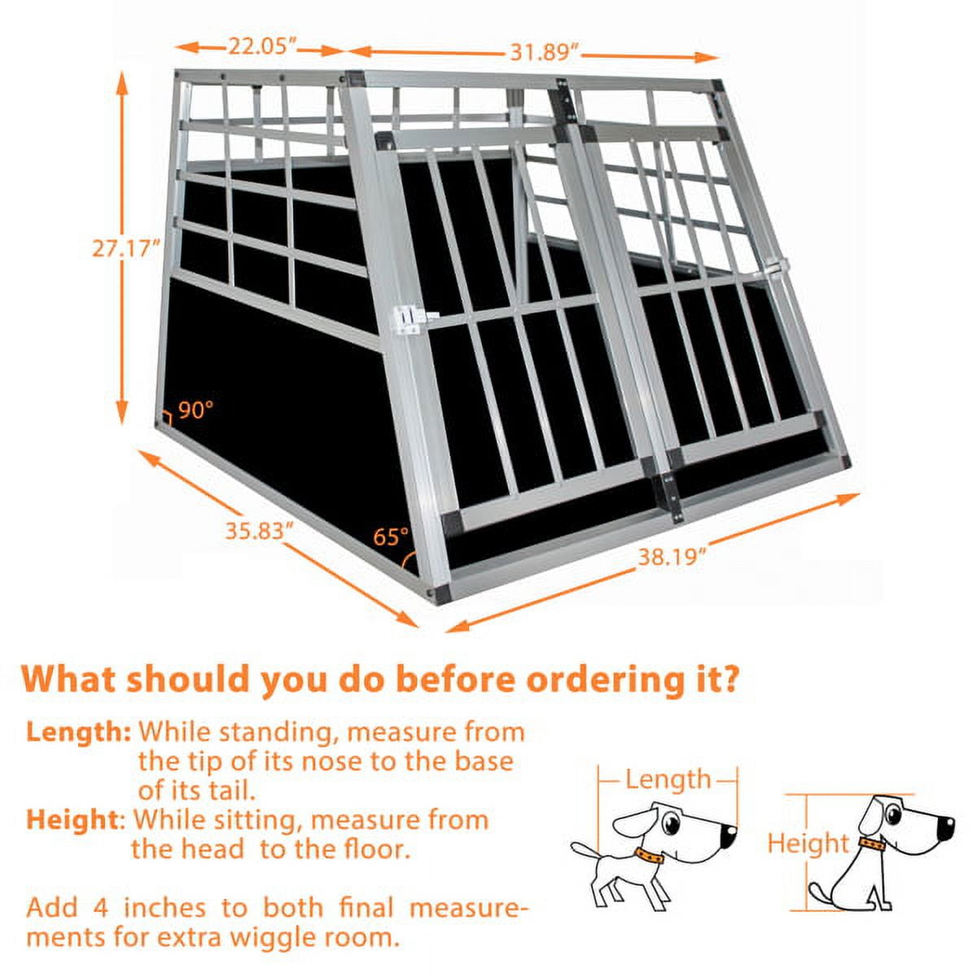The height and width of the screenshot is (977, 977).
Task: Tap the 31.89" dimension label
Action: [545, 53]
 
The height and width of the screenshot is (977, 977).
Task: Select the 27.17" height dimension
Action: [123, 248]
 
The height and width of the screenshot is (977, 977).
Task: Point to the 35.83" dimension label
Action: [259, 531]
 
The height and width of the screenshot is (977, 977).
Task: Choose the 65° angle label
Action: [391, 537]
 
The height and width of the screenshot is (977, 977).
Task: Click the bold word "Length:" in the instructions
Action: [78, 731]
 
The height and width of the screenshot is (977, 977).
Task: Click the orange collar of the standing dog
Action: [650, 856]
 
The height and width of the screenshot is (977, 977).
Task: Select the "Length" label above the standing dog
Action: [668, 779]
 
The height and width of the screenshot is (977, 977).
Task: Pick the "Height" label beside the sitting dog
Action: [808, 843]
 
